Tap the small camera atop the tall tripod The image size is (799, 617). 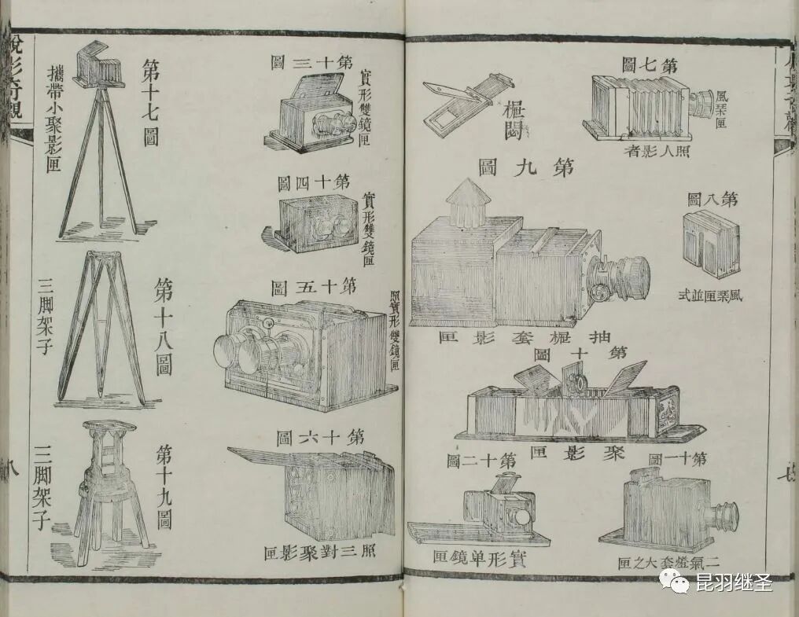(96, 66)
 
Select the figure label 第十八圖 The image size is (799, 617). (163, 325)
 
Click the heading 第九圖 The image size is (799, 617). (525, 167)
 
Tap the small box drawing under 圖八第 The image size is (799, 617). (710, 244)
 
